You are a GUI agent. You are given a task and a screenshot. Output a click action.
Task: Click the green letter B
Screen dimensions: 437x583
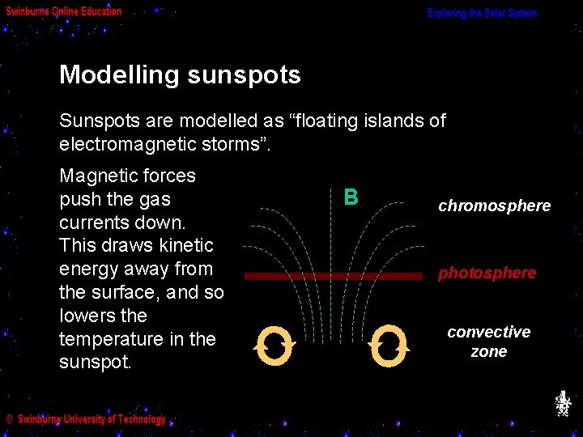pyautogui.click(x=351, y=197)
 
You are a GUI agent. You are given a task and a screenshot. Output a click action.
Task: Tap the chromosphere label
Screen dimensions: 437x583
pyautogui.click(x=494, y=206)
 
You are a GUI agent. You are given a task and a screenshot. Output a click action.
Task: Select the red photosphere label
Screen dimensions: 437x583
pyautogui.click(x=487, y=273)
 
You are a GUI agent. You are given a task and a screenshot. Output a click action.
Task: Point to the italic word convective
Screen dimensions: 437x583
pyautogui.click(x=488, y=332)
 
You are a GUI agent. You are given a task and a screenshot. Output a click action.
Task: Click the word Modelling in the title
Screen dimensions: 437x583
pyautogui.click(x=119, y=75)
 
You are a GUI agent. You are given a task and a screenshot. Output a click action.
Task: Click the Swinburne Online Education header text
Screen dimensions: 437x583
pyautogui.click(x=64, y=11)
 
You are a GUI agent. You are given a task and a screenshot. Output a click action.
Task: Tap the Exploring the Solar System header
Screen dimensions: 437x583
pyautogui.click(x=482, y=13)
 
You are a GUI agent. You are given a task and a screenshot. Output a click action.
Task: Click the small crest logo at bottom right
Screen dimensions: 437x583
pyautogui.click(x=563, y=403)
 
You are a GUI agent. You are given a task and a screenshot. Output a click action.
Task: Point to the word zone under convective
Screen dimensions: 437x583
pyautogui.click(x=488, y=352)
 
